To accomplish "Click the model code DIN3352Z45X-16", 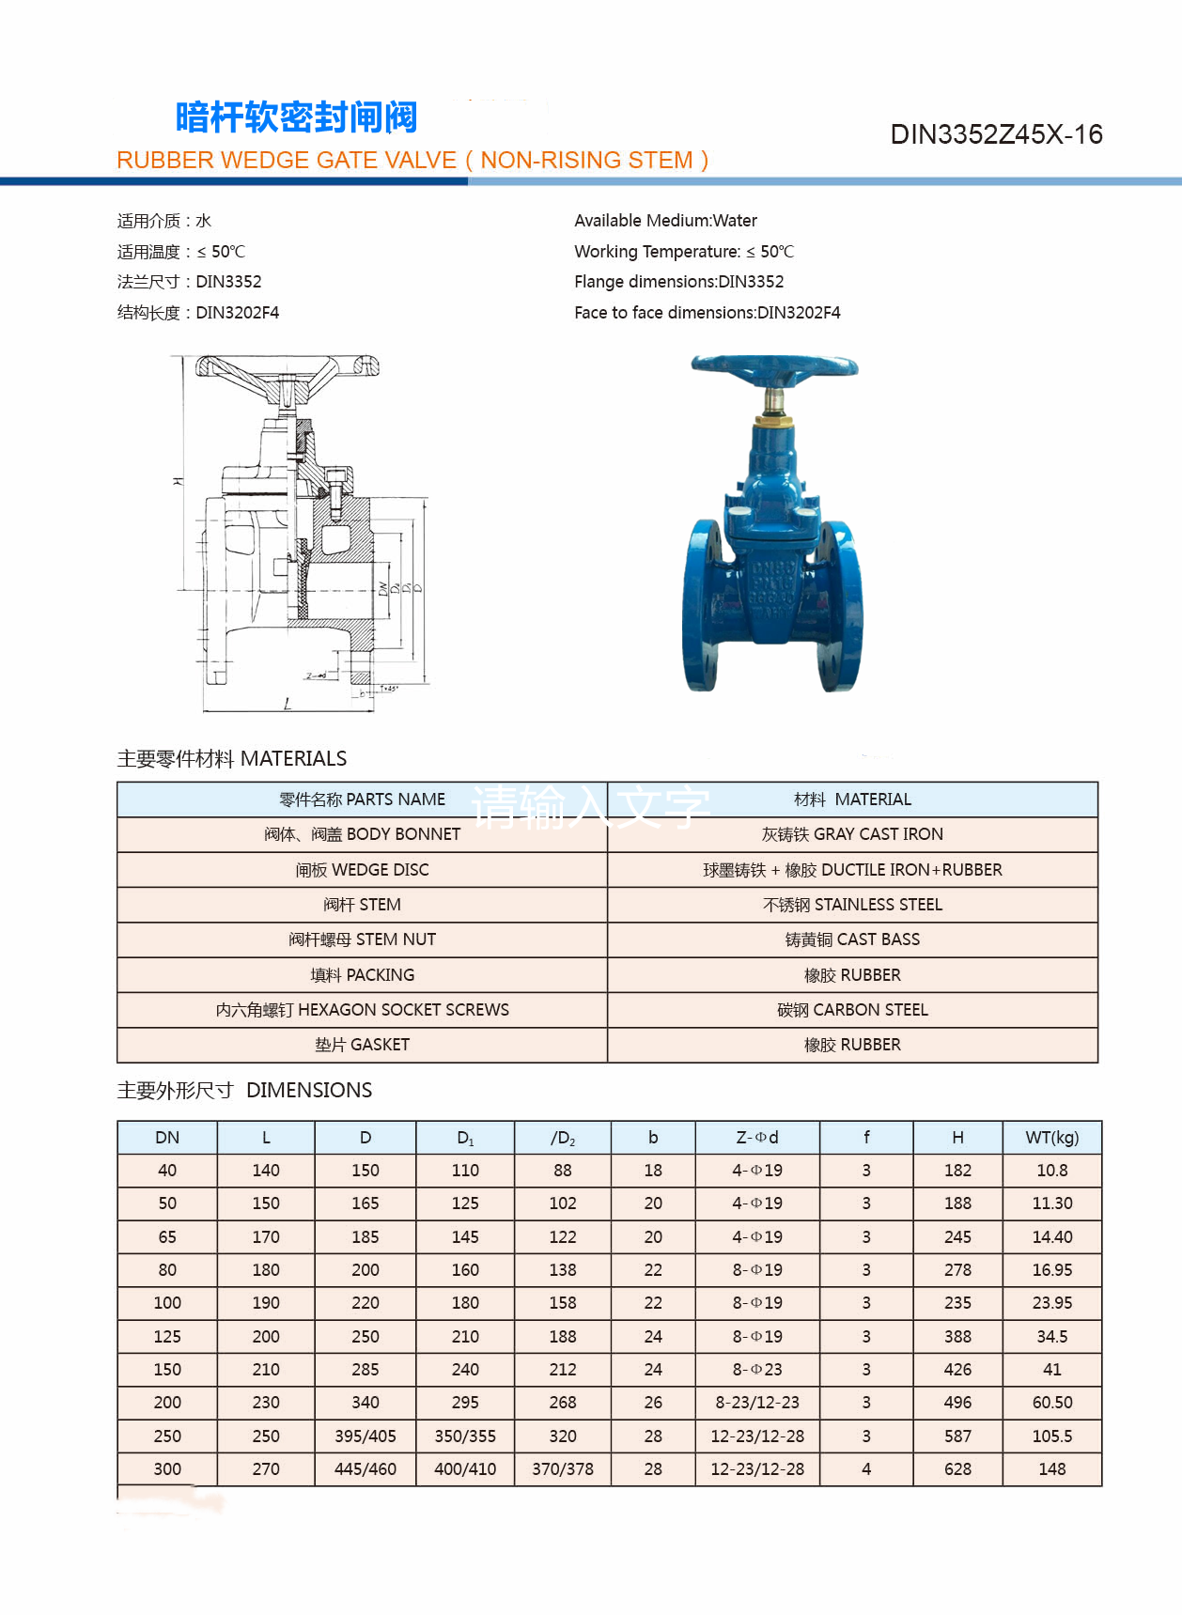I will pyautogui.click(x=996, y=134).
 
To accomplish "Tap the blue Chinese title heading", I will pyautogui.click(x=296, y=117).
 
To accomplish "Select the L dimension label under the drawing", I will pyautogui.click(x=288, y=703).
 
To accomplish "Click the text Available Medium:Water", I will pyautogui.click(x=665, y=221).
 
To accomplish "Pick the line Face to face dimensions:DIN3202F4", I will pyautogui.click(x=707, y=313).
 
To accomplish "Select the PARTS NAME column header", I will pyautogui.click(x=362, y=800).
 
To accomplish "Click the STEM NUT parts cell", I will pyautogui.click(x=362, y=939).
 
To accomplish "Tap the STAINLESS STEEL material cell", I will pyautogui.click(x=852, y=905).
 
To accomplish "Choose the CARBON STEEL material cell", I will pyautogui.click(x=852, y=1010).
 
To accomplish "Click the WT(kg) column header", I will pyautogui.click(x=1051, y=1138).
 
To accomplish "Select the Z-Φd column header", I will pyautogui.click(x=757, y=1138).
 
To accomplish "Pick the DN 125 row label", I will pyautogui.click(x=167, y=1336).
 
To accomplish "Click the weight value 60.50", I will pyautogui.click(x=1051, y=1403).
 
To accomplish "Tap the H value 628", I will pyautogui.click(x=957, y=1469).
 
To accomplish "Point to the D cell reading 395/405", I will pyautogui.click(x=365, y=1436).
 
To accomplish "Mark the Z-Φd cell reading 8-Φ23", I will pyautogui.click(x=757, y=1370).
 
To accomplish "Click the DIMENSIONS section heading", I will pyautogui.click(x=244, y=1090).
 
